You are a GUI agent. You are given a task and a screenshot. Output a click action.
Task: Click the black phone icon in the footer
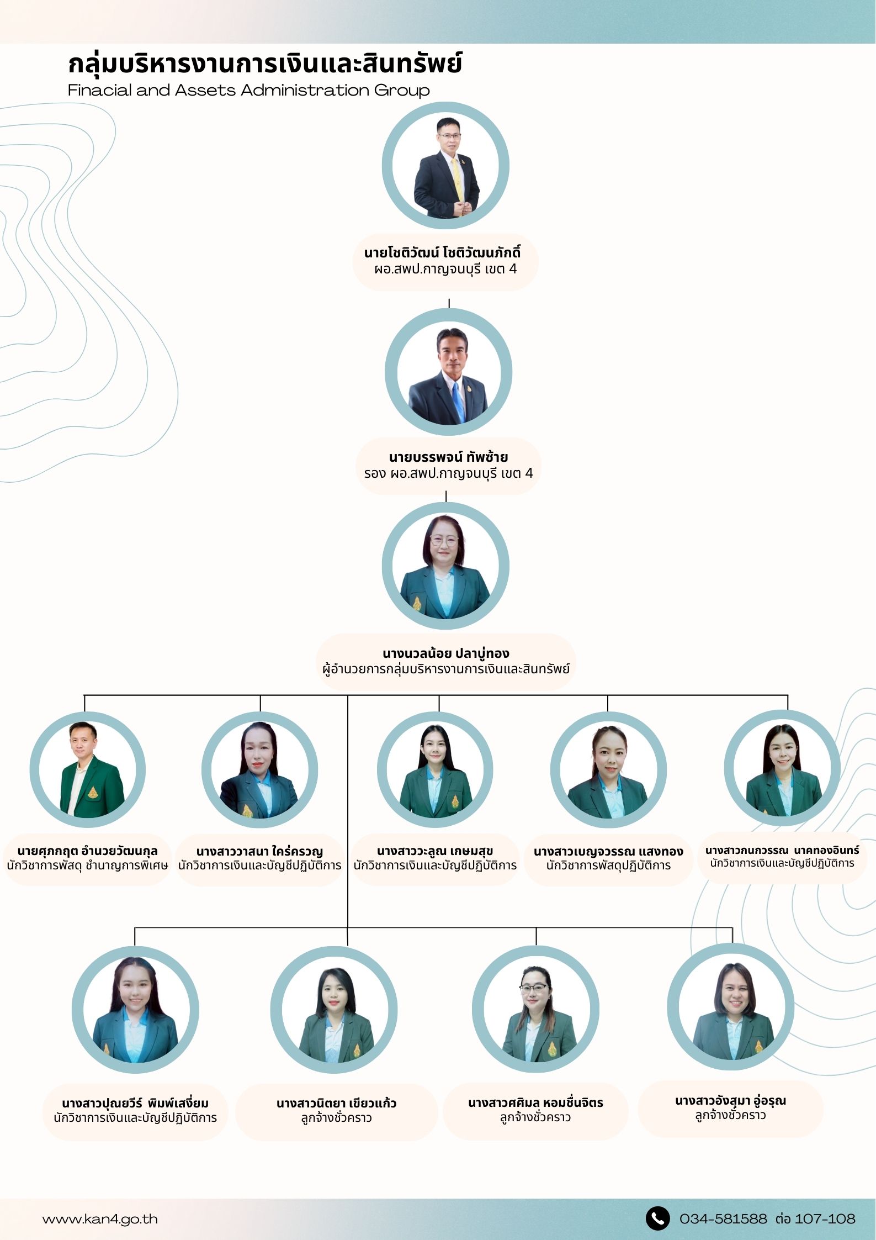(x=657, y=1218)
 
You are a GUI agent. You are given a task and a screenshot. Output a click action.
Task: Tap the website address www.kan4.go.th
(x=100, y=1219)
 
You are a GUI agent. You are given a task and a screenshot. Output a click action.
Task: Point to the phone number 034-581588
(x=723, y=1218)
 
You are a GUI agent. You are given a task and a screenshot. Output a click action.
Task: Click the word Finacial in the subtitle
(x=99, y=90)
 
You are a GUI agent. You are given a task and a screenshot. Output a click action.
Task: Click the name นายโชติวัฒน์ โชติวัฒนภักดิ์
(x=442, y=253)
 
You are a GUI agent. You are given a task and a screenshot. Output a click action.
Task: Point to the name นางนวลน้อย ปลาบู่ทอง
(x=446, y=653)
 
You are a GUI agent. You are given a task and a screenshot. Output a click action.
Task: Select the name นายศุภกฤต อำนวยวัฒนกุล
(x=87, y=851)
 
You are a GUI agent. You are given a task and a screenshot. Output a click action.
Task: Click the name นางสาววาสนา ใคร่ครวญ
(x=259, y=851)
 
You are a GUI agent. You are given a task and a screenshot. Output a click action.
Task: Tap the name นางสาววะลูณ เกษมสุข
(x=435, y=851)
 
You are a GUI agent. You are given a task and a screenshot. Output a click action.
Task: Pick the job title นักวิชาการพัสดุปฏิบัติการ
(x=608, y=866)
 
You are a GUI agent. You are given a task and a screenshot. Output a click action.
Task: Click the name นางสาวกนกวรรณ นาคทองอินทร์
(x=782, y=851)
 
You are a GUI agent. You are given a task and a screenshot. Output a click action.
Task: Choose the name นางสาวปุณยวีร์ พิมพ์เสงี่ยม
(x=135, y=1103)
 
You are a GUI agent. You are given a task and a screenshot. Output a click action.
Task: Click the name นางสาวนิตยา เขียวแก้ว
(x=337, y=1103)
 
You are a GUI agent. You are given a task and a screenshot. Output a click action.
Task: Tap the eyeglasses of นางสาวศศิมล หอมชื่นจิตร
(x=534, y=988)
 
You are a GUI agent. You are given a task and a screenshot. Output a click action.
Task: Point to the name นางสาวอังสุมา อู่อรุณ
(x=730, y=1100)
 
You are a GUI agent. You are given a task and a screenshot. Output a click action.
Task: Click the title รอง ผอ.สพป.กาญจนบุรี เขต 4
(x=448, y=473)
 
